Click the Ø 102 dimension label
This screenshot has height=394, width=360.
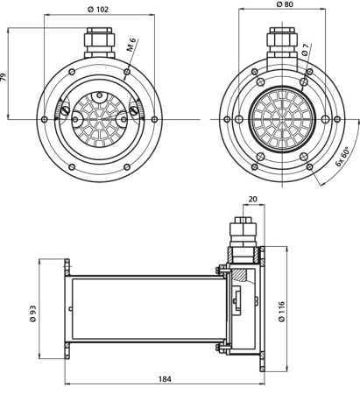pyautogui.click(x=98, y=11)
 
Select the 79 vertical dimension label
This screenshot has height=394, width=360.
pyautogui.click(x=5, y=77)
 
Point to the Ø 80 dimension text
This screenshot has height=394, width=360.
pyautogui.click(x=283, y=4)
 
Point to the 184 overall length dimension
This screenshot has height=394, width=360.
pyautogui.click(x=165, y=378)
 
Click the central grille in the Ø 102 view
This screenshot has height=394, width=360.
pyautogui.click(x=98, y=117)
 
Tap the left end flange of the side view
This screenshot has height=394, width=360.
pyautogui.click(x=67, y=309)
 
